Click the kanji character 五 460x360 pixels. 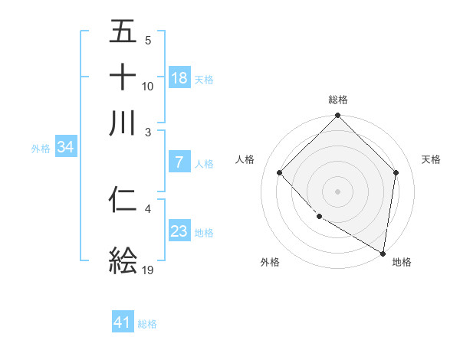pyautogui.click(x=123, y=31)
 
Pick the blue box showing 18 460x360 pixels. pyautogui.click(x=179, y=77)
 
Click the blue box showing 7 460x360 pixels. pyautogui.click(x=179, y=162)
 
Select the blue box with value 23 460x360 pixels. pyautogui.click(x=179, y=231)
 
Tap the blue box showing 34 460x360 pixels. pyautogui.click(x=65, y=148)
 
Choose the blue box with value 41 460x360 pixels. pyautogui.click(x=123, y=322)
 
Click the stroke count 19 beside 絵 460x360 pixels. pyautogui.click(x=149, y=270)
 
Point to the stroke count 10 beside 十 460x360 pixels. pyautogui.click(x=148, y=86)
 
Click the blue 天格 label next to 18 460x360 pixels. pyautogui.click(x=204, y=79)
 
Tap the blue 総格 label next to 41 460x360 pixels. pyautogui.click(x=147, y=324)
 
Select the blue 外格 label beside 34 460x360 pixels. pyautogui.click(x=41, y=149)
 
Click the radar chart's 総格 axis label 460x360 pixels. pyautogui.click(x=338, y=100)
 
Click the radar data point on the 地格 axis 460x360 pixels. pyautogui.click(x=383, y=253)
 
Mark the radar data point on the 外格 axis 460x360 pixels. pyautogui.click(x=319, y=217)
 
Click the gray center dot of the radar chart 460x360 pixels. pyautogui.click(x=338, y=191)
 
